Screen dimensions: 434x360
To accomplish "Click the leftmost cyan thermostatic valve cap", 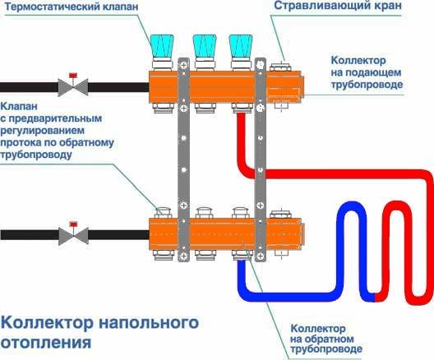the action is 162,46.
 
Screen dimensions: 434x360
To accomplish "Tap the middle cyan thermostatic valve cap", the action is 205,46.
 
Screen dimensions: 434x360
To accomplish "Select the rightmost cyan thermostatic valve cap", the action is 241,46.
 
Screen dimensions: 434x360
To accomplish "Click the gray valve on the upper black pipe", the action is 73,87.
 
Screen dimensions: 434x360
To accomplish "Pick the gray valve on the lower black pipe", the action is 73,236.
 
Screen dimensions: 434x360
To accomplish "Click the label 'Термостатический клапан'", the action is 72,7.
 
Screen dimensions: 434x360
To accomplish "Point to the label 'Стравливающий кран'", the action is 338,6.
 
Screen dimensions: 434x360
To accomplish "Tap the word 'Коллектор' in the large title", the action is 47,323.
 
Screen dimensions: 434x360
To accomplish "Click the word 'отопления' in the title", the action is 46,343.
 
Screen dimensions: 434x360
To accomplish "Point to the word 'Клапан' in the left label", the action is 19,106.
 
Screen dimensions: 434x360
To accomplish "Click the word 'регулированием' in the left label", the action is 43,131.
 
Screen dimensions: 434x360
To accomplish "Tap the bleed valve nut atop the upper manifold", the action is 280,67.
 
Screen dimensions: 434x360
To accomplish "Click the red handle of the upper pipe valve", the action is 73,75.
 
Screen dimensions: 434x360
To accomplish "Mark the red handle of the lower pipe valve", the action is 73,224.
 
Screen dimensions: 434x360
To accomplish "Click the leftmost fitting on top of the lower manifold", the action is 163,213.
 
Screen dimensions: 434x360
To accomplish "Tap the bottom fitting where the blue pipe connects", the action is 242,255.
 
